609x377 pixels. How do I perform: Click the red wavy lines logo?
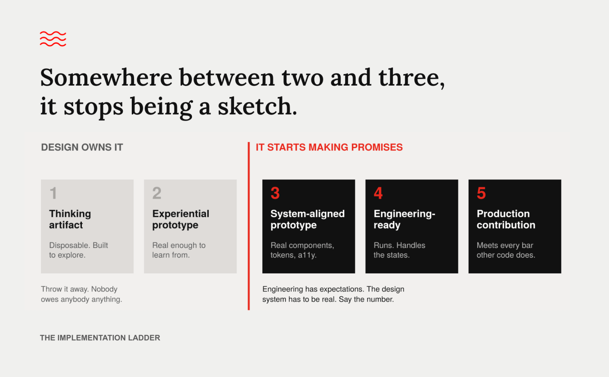[53, 39]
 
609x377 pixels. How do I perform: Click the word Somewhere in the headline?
[106, 77]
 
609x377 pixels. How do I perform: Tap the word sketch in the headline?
[257, 106]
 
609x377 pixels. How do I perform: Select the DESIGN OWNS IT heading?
[82, 147]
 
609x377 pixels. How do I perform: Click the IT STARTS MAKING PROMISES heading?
[329, 147]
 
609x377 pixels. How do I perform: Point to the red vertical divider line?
[248, 226]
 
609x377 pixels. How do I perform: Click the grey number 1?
[53, 193]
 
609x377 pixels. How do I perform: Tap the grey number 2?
[157, 193]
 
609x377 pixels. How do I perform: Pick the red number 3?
[275, 193]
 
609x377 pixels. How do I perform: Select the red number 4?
[378, 193]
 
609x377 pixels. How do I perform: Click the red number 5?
[481, 193]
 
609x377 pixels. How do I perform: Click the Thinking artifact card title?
[70, 219]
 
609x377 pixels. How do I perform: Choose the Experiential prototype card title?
[181, 219]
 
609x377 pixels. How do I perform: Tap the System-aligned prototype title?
[307, 219]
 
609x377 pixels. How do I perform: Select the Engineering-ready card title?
[404, 219]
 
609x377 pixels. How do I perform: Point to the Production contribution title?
[506, 219]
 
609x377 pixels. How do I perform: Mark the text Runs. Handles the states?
[399, 250]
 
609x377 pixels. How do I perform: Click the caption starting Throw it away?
[81, 294]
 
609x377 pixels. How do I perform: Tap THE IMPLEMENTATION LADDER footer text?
[100, 338]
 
